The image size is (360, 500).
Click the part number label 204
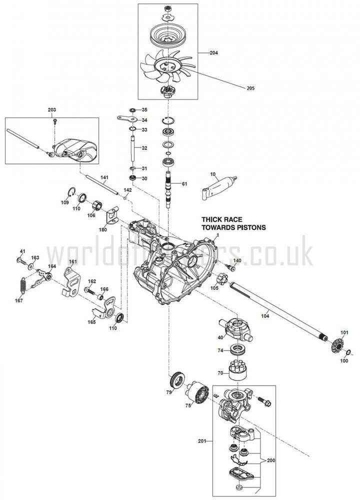coord(213,52)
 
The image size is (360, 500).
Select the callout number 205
coord(250,88)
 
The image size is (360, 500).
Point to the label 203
coord(52,109)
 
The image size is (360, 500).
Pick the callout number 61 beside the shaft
coord(184,184)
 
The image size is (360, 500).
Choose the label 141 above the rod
coord(104,178)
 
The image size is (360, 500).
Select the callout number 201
coord(202,440)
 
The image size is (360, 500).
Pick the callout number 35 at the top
coord(144,109)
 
